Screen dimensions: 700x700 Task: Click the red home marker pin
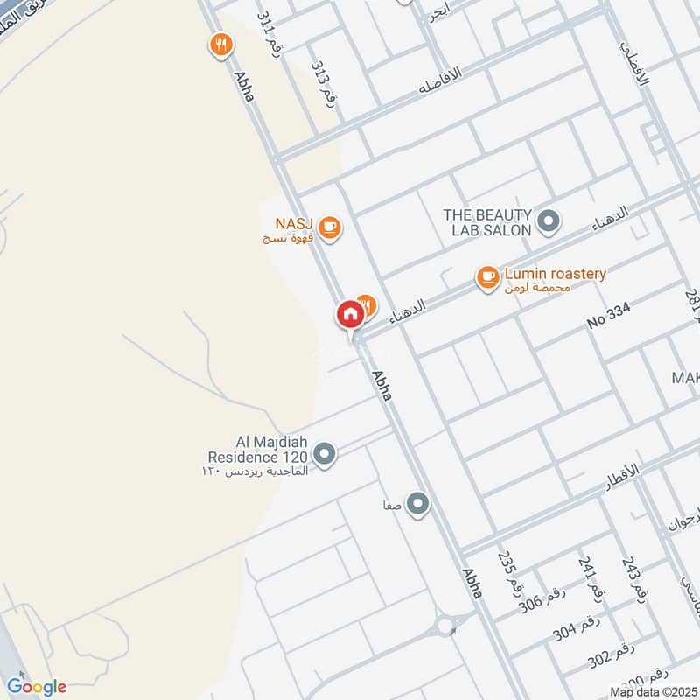point(349,314)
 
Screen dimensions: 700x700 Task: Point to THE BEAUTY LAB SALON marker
point(549,221)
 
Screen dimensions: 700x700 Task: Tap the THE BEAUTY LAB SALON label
point(487,222)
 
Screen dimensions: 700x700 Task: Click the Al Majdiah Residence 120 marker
point(325,455)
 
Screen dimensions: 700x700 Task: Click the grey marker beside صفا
point(418,503)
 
